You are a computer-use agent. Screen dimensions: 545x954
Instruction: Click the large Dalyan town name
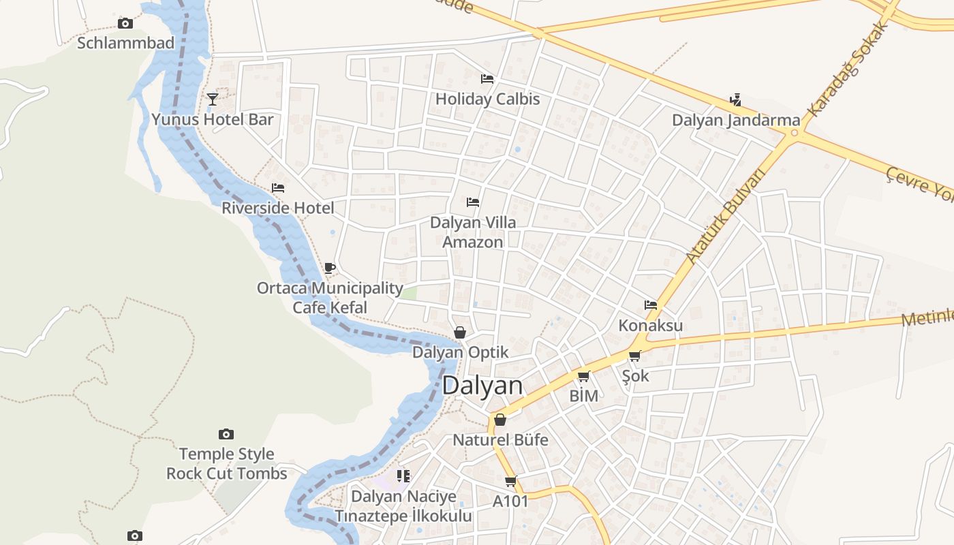[482, 386]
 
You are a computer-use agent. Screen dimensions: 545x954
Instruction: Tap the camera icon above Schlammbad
[125, 24]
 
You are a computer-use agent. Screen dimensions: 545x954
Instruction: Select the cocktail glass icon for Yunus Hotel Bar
[213, 99]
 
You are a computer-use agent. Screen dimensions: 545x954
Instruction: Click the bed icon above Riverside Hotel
[278, 188]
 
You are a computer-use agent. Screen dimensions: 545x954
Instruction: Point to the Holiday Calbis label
[487, 99]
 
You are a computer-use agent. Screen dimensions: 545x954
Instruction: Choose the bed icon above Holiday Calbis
[487, 79]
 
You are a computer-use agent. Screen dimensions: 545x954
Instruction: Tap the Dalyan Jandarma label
[736, 120]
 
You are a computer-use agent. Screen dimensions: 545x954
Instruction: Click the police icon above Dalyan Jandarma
[735, 100]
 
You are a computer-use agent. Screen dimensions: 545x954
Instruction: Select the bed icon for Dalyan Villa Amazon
[473, 202]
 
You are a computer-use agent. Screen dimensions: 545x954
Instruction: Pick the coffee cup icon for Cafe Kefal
[330, 268]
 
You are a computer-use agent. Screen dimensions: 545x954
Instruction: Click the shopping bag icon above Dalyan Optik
[460, 332]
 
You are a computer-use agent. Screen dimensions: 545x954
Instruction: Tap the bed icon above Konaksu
[651, 305]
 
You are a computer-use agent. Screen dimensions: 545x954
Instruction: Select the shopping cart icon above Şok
[635, 356]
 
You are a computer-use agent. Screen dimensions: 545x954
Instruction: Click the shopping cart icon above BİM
[583, 376]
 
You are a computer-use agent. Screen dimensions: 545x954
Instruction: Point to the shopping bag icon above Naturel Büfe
[500, 420]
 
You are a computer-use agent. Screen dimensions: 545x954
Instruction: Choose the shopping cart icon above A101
[511, 481]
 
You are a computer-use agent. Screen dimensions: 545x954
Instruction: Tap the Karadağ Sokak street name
[848, 68]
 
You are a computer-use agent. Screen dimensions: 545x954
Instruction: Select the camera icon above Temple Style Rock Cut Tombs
[226, 434]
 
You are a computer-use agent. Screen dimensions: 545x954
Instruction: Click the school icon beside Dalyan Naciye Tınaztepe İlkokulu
[403, 476]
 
